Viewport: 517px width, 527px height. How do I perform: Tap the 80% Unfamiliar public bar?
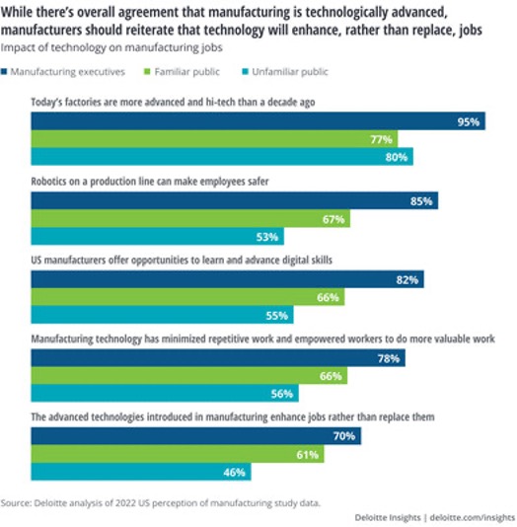coord(222,157)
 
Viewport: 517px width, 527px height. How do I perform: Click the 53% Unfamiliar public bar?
coord(158,236)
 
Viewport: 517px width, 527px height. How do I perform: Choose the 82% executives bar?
coord(228,279)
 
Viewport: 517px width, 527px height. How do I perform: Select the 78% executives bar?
coord(218,358)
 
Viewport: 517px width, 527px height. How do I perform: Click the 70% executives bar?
coord(196,436)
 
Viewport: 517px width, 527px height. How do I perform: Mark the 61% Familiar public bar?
coord(178,454)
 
